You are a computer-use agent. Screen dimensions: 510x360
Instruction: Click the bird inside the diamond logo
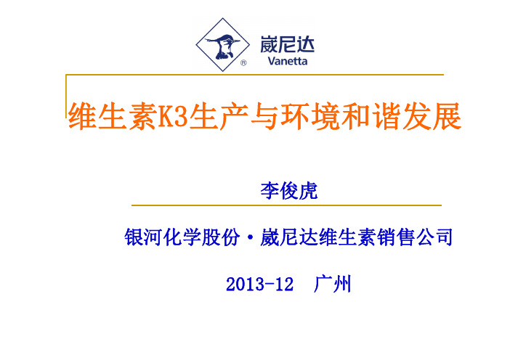[222, 46]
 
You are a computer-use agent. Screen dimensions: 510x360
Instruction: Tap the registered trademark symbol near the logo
[243, 63]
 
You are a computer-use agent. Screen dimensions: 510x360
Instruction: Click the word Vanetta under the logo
[287, 61]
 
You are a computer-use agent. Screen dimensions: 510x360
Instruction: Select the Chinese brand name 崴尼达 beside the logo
[287, 44]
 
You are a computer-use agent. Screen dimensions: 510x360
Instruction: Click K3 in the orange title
[173, 116]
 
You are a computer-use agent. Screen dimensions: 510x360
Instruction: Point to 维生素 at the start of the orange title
[113, 116]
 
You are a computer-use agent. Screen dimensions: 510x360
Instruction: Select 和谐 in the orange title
[371, 116]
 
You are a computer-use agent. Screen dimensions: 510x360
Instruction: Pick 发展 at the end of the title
[432, 116]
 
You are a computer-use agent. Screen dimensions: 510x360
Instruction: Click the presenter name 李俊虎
[289, 191]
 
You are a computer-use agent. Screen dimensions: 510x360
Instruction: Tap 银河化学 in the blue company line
[163, 237]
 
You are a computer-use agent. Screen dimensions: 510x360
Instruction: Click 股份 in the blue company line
[221, 237]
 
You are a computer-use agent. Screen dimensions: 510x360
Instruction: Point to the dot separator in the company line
[250, 237]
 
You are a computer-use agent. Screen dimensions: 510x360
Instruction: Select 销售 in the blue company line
[395, 237]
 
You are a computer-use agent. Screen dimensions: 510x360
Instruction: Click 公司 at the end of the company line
[434, 237]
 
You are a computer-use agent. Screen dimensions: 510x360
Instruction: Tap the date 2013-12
[259, 284]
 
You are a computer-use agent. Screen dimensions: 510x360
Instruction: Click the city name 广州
[333, 284]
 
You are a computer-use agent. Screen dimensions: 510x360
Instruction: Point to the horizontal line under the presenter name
[286, 205]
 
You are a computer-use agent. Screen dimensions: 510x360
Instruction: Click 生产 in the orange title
[219, 116]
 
